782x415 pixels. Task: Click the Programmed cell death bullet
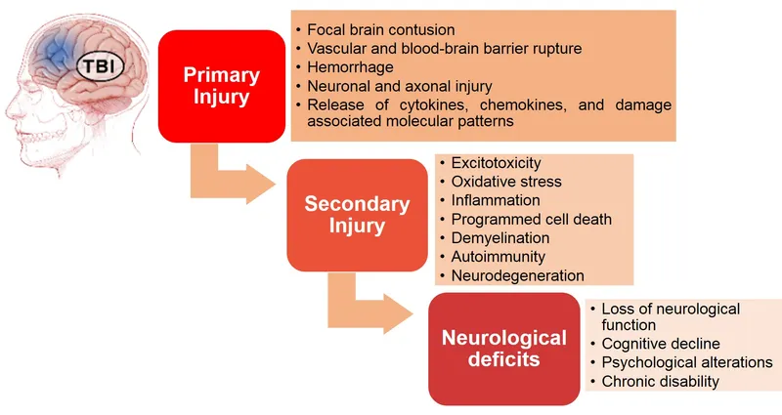point(531,219)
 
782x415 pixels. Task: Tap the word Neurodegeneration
point(517,275)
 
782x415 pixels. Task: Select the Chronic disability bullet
point(659,381)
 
